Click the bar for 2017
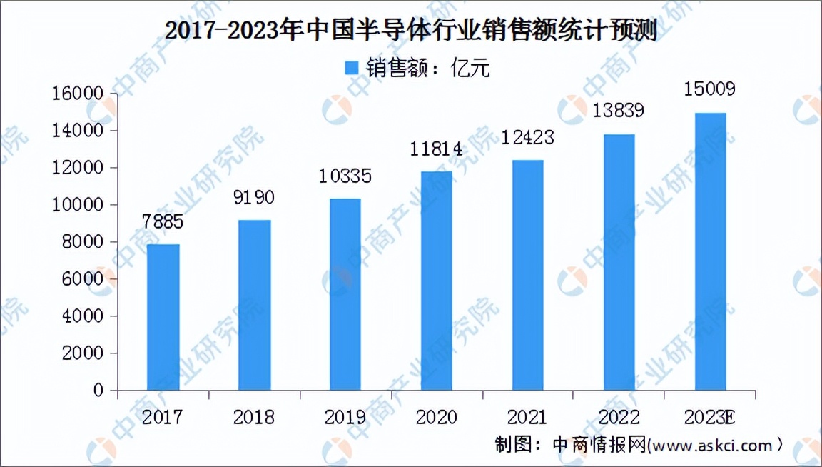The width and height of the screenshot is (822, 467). (x=163, y=318)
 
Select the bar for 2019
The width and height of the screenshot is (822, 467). (x=345, y=294)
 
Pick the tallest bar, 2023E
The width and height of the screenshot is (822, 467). (x=710, y=251)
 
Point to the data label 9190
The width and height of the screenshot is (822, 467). (x=254, y=198)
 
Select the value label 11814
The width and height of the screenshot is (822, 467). (x=436, y=150)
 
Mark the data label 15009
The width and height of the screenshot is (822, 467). (x=709, y=89)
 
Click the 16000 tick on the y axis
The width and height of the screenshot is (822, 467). (x=80, y=94)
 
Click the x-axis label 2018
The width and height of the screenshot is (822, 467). (x=254, y=417)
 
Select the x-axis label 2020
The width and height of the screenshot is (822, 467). (x=436, y=417)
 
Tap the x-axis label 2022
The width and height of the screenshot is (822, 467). (x=618, y=417)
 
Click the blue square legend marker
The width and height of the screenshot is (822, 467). (x=352, y=68)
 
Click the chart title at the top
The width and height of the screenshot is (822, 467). (x=410, y=31)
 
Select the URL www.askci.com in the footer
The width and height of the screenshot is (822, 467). (x=711, y=446)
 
